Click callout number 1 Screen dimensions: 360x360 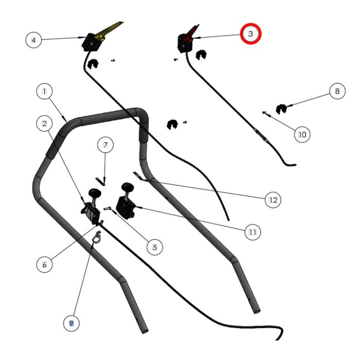click(x=45, y=92)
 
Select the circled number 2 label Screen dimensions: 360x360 click(x=45, y=123)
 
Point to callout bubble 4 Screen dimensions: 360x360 click(x=33, y=40)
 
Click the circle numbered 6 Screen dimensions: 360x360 click(x=45, y=264)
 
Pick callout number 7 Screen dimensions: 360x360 click(x=105, y=146)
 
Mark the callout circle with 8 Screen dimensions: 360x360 click(x=337, y=92)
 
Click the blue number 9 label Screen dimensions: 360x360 click(x=72, y=323)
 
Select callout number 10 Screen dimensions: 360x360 click(x=302, y=135)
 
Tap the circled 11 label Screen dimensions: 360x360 click(x=252, y=232)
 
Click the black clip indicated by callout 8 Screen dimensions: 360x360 click(x=282, y=109)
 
